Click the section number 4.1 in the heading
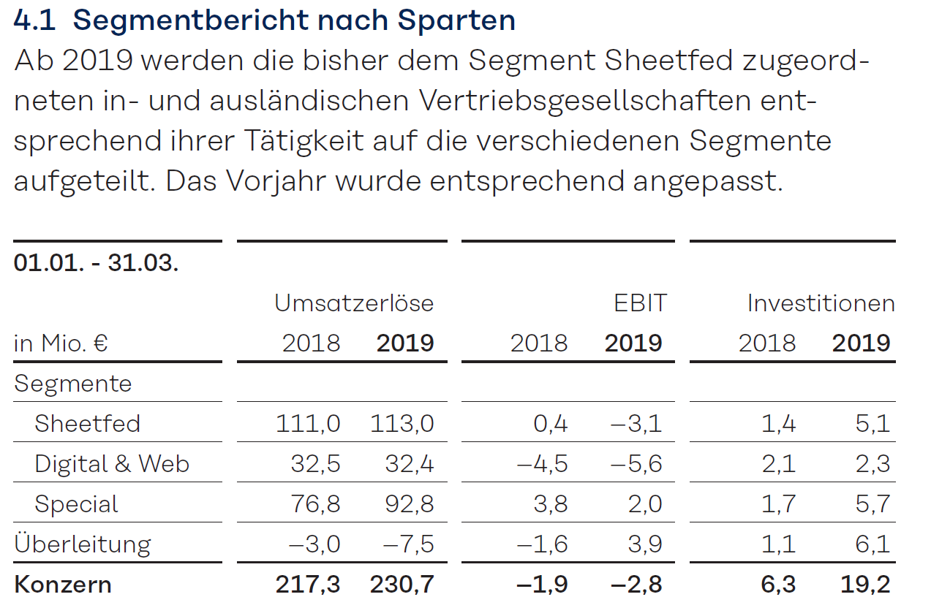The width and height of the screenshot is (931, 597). point(34,20)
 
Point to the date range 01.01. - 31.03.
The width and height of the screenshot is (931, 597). point(96,263)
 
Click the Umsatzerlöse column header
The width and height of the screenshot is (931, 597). point(354,303)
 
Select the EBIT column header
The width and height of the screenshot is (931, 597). point(640,303)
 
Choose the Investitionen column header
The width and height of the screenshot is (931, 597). point(821,303)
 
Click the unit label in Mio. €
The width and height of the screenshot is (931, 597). point(61,343)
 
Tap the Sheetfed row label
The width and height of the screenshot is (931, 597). point(87,424)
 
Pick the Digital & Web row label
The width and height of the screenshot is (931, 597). point(111,464)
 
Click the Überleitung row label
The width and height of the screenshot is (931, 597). point(82,544)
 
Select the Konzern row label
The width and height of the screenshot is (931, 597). point(63,585)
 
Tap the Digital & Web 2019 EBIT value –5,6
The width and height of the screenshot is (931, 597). point(634,464)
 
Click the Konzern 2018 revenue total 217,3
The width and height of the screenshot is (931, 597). point(308,585)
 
